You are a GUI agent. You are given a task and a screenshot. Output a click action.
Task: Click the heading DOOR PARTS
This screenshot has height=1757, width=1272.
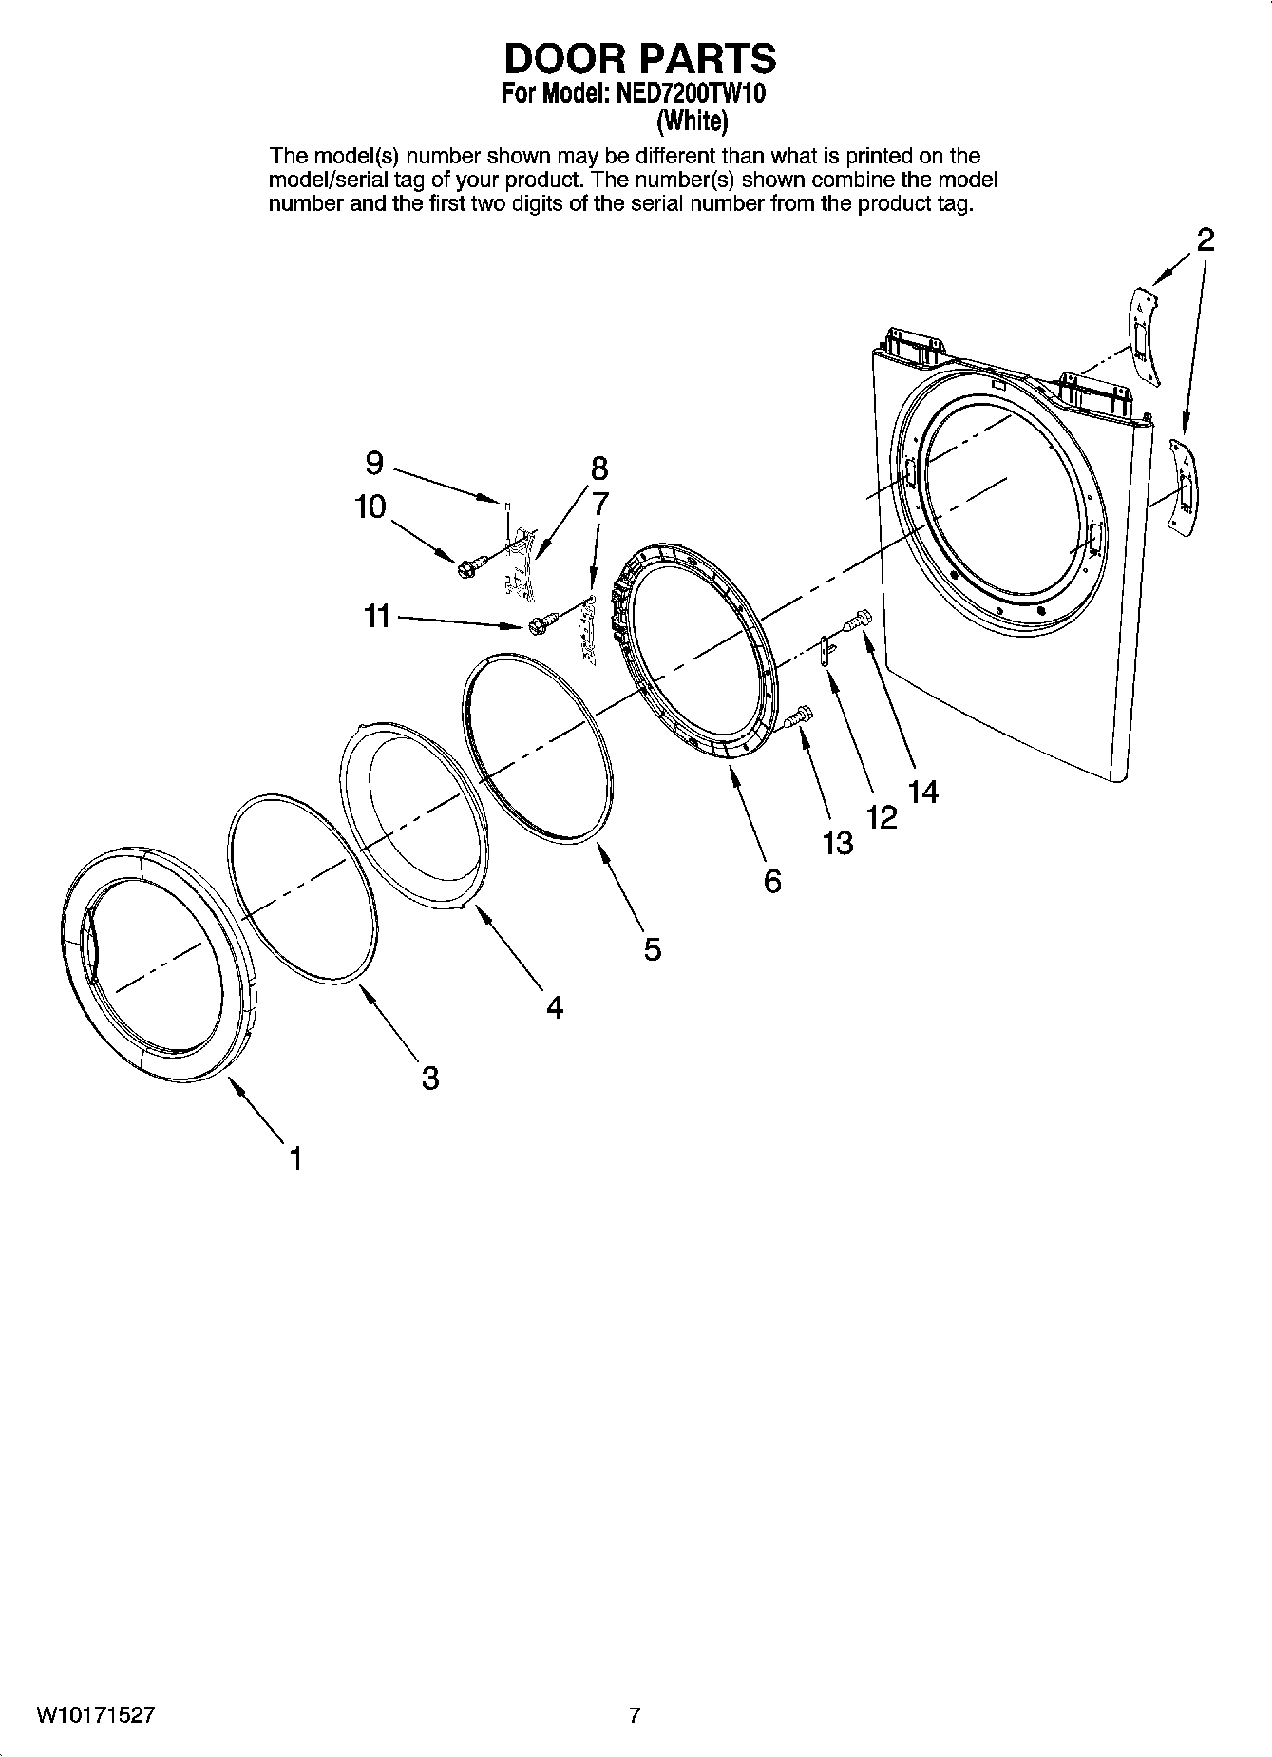click(639, 59)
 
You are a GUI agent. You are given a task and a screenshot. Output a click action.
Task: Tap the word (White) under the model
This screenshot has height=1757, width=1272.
click(692, 121)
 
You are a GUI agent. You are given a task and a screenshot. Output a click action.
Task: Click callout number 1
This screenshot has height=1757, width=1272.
click(295, 1158)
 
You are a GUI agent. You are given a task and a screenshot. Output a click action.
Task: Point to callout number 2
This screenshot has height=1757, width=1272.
click(1205, 239)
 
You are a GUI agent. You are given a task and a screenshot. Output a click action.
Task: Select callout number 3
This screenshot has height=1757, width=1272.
click(429, 1078)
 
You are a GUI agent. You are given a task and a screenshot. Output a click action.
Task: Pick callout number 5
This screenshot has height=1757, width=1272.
click(652, 948)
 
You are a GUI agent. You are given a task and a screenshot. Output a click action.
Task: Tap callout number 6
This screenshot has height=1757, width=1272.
click(772, 881)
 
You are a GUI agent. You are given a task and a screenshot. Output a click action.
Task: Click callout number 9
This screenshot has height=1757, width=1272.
click(374, 463)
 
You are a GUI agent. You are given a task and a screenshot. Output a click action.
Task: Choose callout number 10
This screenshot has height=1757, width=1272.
click(370, 506)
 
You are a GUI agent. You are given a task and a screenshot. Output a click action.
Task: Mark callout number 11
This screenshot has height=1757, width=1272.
click(377, 617)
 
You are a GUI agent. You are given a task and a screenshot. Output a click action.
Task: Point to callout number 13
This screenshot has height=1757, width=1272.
click(838, 842)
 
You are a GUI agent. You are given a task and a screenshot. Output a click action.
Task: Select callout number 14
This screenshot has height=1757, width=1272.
click(922, 791)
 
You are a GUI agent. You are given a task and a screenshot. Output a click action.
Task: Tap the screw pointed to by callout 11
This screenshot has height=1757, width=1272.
click(538, 625)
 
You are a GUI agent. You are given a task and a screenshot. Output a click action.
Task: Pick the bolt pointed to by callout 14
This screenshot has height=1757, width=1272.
click(859, 620)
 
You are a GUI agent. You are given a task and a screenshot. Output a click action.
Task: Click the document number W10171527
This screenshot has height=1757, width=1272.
click(95, 1715)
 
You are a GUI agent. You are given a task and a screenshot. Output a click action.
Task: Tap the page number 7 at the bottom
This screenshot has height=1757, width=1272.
click(635, 1715)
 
